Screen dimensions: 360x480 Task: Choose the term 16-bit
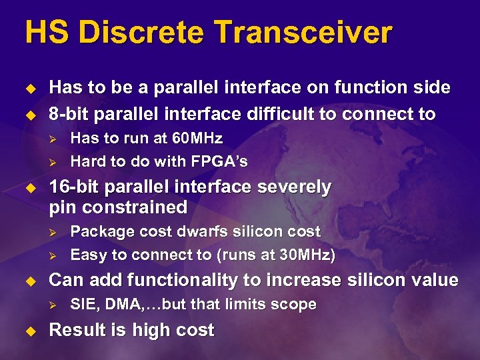(73, 187)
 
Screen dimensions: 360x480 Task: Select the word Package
(97, 231)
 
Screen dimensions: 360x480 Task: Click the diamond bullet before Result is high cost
(29, 331)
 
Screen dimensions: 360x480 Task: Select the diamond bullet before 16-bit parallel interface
(29, 188)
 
